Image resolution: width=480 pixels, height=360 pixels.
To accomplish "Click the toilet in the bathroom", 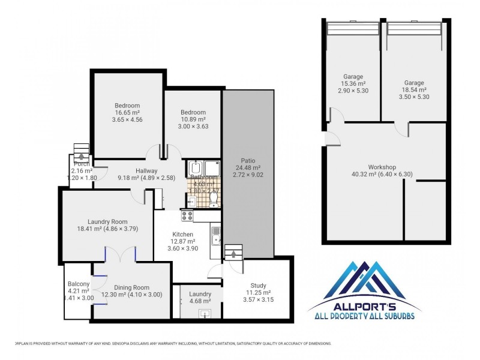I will point(214,197).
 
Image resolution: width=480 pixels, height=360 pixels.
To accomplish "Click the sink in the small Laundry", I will point(205,313).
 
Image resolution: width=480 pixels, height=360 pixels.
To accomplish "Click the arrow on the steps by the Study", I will point(233,254).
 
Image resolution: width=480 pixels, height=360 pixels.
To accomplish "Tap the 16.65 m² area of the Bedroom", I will point(127,112).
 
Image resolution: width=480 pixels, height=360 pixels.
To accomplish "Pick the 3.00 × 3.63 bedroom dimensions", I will point(194,126).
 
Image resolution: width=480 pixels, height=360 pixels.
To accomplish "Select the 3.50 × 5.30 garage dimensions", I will point(414,97).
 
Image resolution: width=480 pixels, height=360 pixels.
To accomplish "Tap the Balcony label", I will point(79,284).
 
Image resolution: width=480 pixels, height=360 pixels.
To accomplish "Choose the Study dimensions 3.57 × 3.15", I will point(259,299).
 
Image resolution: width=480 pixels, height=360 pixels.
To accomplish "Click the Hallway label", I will point(146,170).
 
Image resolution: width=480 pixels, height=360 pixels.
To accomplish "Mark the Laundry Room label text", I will point(108,221).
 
